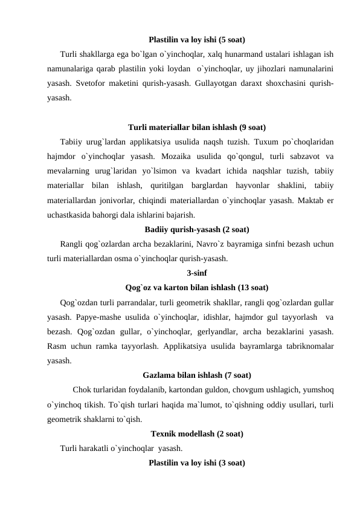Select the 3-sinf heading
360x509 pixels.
click(196, 272)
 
